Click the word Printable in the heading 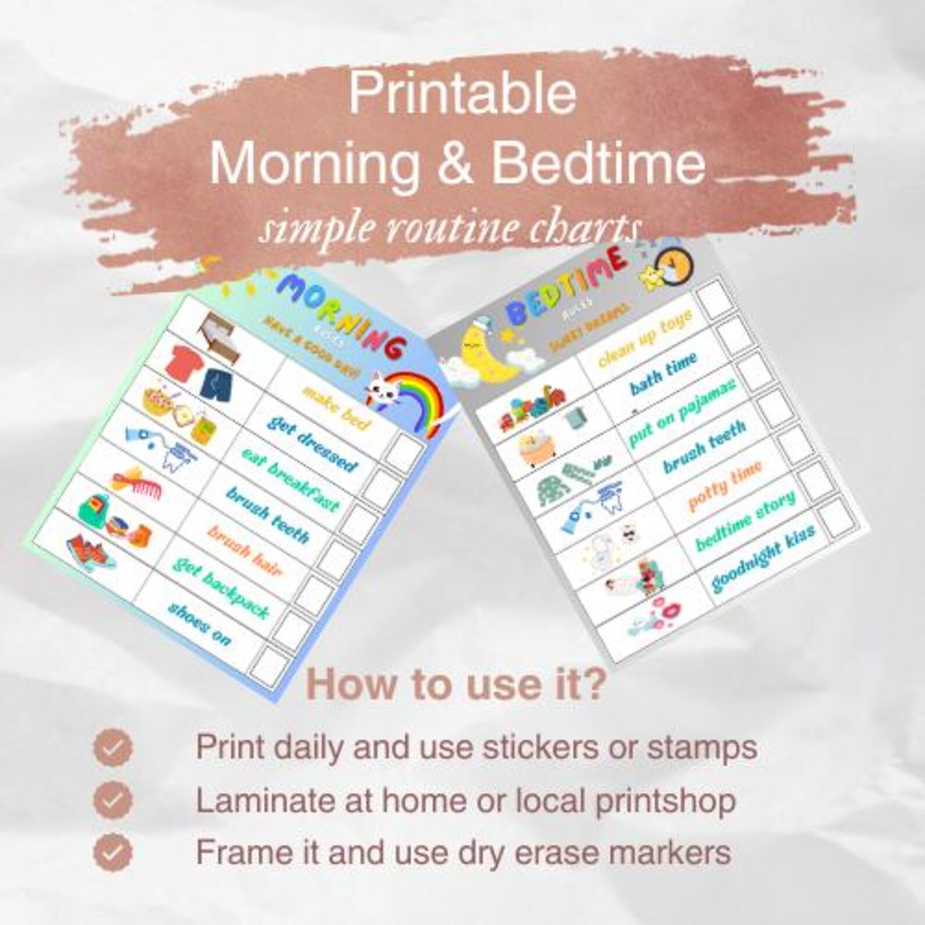pyautogui.click(x=462, y=94)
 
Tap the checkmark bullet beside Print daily pyautogui.click(x=113, y=747)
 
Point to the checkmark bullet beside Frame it pyautogui.click(x=113, y=853)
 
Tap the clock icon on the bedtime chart pyautogui.click(x=676, y=266)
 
